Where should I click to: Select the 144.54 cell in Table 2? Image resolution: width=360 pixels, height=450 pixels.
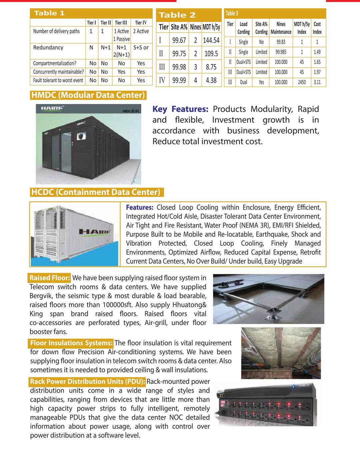pos(211,40)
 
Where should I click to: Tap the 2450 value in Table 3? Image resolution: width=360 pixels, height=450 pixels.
pos(302,82)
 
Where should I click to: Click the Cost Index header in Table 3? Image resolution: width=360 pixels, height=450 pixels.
pos(317,28)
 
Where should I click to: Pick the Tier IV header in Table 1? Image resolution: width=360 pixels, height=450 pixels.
pos(141,23)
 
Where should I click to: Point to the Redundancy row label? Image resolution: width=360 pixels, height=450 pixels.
pos(48,47)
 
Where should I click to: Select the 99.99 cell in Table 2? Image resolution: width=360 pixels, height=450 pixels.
pos(179,80)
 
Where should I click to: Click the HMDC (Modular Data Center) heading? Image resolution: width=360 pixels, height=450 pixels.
pos(88,95)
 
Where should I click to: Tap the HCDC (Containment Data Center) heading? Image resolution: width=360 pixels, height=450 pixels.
pos(96,192)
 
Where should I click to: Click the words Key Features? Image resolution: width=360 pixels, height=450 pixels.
pos(180,109)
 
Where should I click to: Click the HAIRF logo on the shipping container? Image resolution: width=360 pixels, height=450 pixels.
pos(95,231)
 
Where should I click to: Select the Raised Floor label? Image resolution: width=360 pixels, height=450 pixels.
pos(50,278)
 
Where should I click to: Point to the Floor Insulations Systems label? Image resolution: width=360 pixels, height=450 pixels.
pos(71,343)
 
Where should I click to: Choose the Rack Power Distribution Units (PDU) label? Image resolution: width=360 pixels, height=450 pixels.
pos(87,382)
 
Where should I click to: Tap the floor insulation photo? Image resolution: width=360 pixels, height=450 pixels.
pos(281,353)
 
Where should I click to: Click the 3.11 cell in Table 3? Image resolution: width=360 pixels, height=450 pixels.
pos(317,82)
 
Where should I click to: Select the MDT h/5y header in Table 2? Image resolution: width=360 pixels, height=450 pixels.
pos(211,27)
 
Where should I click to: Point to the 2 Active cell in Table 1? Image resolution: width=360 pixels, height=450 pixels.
pos(141,31)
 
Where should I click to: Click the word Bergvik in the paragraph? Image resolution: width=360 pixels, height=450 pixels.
pos(41,296)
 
